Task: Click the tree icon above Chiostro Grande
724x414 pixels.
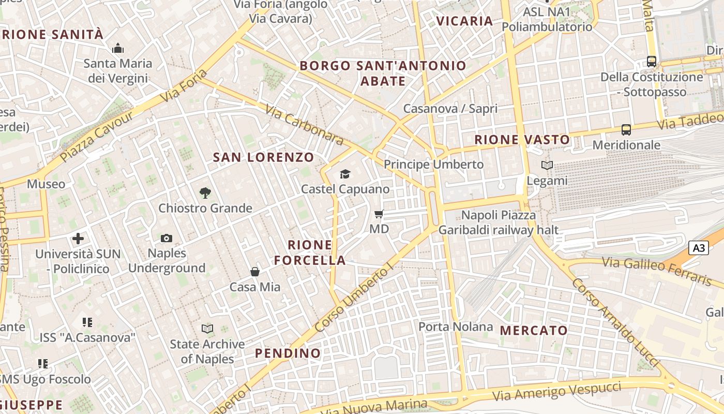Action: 205,193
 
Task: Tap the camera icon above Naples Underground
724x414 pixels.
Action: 167,238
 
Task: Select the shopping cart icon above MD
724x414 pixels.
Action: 379,214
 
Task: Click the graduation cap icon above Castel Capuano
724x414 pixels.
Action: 345,174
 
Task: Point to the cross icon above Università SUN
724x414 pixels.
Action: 78,239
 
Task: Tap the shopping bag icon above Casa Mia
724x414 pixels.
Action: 255,272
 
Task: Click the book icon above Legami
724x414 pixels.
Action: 547,166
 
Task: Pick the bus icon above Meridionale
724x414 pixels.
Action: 626,130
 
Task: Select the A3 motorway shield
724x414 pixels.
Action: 699,248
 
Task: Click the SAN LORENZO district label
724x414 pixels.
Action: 264,157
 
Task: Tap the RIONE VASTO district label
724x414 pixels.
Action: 522,139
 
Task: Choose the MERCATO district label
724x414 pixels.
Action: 534,330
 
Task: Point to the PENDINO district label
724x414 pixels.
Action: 288,353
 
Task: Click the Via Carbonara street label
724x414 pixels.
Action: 305,125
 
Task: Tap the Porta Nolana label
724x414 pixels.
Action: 456,327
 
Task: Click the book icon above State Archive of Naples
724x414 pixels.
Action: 207,329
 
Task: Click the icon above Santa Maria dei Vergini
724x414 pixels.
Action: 118,49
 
